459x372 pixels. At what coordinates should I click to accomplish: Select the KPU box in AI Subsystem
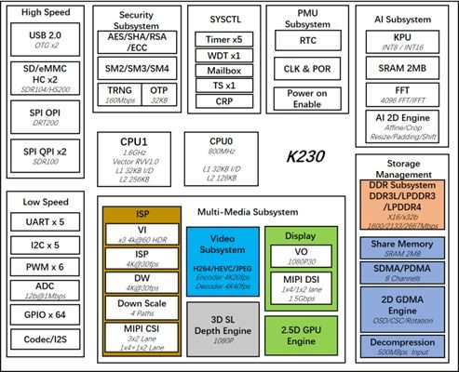pos(404,40)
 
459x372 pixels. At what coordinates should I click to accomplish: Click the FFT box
pos(404,99)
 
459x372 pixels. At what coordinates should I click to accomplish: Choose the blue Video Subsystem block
pos(223,259)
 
